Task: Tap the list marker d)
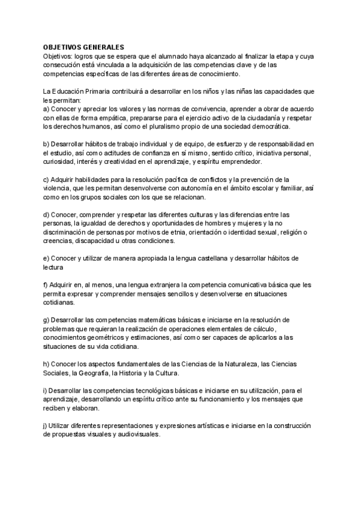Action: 47,215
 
